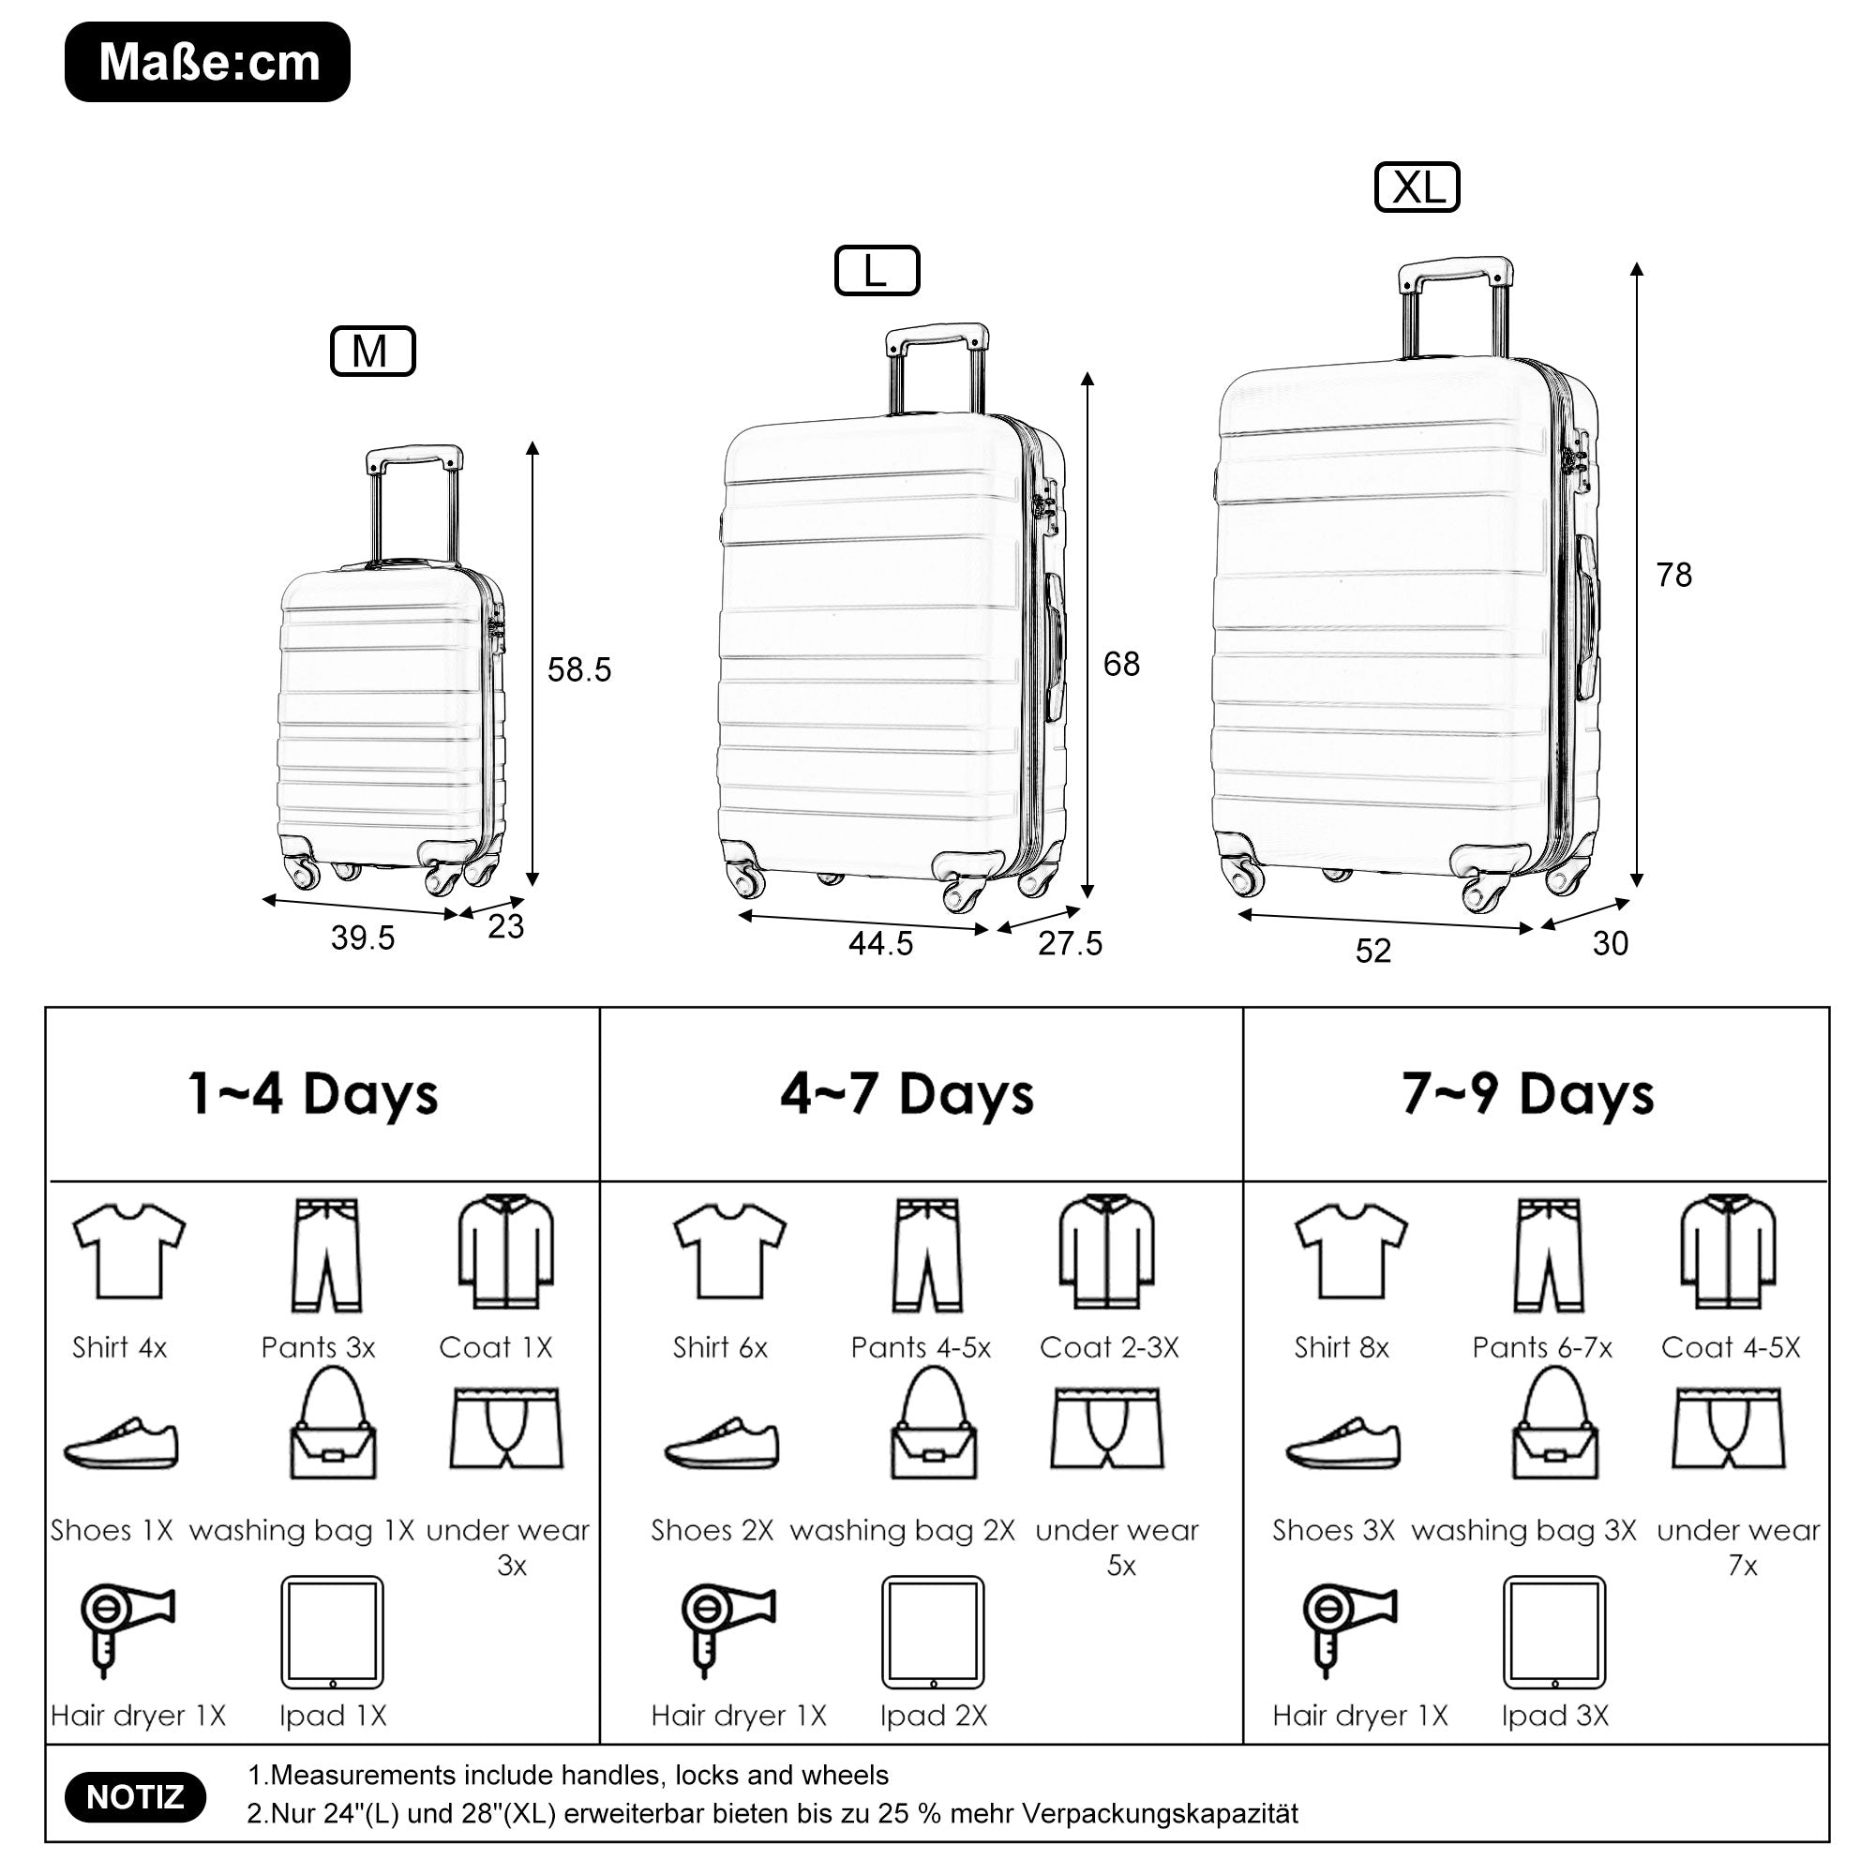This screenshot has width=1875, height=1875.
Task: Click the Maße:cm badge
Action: [x=208, y=62]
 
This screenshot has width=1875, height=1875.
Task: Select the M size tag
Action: [x=373, y=352]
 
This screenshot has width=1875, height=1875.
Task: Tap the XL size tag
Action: [x=1417, y=187]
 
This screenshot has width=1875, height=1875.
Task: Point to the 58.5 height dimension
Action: [x=579, y=669]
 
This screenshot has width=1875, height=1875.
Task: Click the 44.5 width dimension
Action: [x=881, y=943]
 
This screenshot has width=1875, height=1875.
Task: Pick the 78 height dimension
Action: [x=1674, y=575]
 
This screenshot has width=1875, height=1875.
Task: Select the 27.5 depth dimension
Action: [x=1071, y=943]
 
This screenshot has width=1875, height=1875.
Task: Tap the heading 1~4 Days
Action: [x=312, y=1094]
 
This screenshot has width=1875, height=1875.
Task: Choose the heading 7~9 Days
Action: [x=1527, y=1094]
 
